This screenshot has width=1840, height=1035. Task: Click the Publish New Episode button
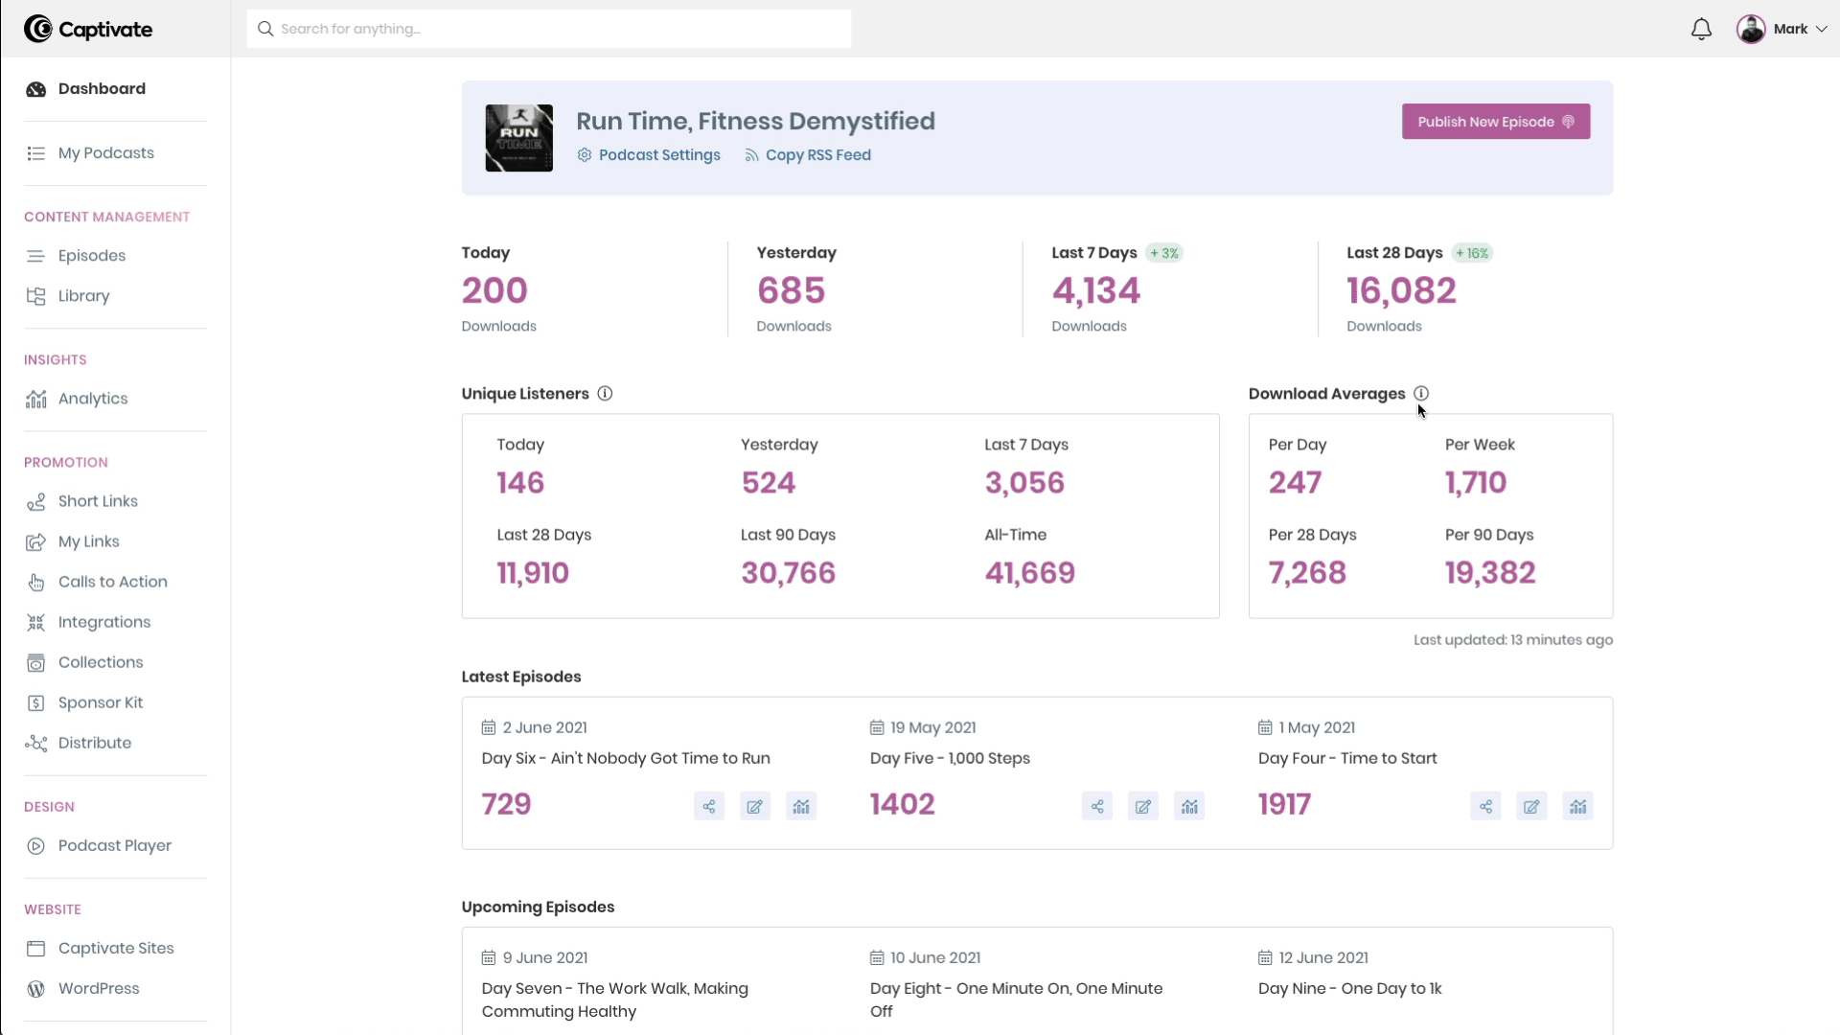coord(1495,122)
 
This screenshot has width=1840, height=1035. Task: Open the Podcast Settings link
coord(658,155)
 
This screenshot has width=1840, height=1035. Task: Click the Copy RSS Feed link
coord(817,155)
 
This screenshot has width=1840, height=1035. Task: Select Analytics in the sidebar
coord(92,399)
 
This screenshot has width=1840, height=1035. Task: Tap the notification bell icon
coord(1701,30)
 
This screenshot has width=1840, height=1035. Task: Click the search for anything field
coord(548,29)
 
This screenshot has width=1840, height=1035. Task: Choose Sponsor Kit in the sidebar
coord(100,702)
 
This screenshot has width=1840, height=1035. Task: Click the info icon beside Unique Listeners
coord(605,394)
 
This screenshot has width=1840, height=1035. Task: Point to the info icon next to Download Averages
coord(1421,394)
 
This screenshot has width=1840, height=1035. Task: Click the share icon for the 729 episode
coord(709,807)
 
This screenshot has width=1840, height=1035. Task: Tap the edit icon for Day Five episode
coord(1143,807)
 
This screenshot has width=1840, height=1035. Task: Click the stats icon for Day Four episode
coord(1577,807)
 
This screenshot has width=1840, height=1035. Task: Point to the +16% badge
coord(1473,253)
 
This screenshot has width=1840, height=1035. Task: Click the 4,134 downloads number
coord(1096,290)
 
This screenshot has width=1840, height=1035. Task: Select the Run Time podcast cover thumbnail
coord(519,138)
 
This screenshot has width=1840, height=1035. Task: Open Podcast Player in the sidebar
coord(114,845)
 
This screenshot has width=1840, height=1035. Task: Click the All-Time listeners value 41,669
coord(1030,573)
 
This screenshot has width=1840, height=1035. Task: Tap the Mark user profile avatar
coord(1751,29)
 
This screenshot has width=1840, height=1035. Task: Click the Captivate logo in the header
coord(88,30)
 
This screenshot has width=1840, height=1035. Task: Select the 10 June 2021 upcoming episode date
coord(934,957)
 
